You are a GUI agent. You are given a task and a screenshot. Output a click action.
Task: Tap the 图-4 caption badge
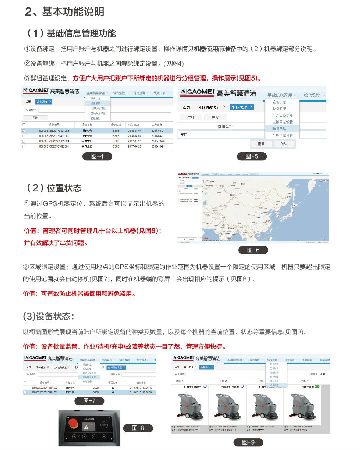(97, 157)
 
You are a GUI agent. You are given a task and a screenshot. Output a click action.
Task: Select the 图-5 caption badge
(252, 157)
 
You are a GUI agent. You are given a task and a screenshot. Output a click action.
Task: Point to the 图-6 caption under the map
(253, 250)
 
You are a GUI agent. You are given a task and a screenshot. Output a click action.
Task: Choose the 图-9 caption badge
(248, 442)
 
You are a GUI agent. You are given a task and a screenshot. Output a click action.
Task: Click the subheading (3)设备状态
(49, 316)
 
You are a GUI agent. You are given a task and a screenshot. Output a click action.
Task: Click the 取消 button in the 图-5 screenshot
(284, 143)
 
